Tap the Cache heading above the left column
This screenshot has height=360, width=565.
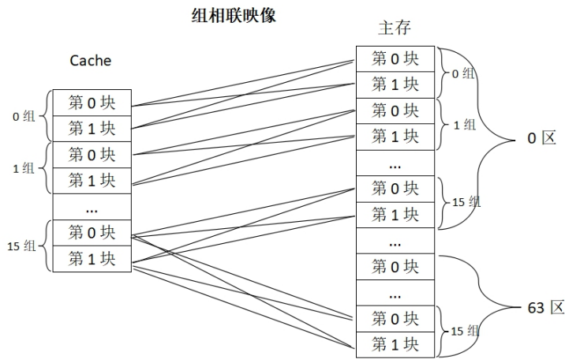[91, 60]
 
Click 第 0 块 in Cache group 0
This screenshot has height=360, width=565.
[92, 102]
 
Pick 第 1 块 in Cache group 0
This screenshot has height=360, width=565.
[92, 128]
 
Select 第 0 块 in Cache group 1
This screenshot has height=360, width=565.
[92, 154]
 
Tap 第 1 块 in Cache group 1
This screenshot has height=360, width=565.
[92, 180]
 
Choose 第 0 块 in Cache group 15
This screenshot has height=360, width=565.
[92, 232]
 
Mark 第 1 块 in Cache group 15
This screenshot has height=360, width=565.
[92, 258]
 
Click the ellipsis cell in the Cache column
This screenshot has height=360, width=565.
[92, 207]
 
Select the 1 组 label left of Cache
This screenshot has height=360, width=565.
[24, 167]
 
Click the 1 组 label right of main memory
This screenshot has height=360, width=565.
[464, 124]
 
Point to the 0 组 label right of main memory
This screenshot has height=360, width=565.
[462, 73]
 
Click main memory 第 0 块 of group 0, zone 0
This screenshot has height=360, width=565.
[395, 58]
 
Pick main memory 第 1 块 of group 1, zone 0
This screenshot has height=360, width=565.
[395, 137]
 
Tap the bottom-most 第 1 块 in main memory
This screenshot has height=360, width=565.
[395, 345]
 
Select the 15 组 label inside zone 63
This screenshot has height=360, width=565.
[465, 332]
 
